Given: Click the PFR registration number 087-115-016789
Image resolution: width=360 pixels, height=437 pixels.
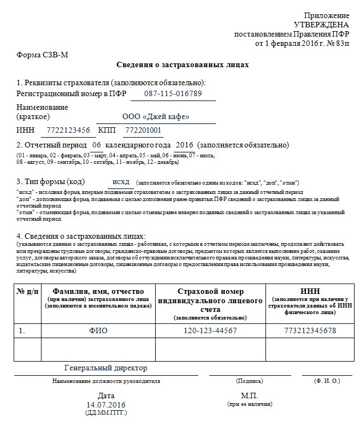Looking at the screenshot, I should [x=173, y=93].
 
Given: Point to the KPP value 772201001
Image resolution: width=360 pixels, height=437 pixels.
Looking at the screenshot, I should [x=143, y=130].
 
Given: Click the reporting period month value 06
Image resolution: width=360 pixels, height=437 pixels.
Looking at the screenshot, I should [x=96, y=145].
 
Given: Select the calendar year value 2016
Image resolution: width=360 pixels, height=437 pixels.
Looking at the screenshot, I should [x=185, y=145].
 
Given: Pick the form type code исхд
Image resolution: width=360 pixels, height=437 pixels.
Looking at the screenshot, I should [x=120, y=181].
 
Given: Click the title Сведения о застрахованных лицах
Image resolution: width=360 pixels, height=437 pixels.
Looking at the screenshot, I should [x=182, y=65].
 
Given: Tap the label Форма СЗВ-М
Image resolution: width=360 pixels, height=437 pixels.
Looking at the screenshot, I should [x=42, y=54].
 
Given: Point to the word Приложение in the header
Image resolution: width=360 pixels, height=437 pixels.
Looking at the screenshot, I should [x=326, y=16].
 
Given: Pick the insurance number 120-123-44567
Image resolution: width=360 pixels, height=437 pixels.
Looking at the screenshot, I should [x=210, y=330].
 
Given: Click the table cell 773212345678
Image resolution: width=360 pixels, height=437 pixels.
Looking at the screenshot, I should [x=310, y=330].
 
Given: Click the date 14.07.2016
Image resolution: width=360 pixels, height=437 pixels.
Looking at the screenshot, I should [x=106, y=405].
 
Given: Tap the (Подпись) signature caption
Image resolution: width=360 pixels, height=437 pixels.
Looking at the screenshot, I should [x=249, y=380].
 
